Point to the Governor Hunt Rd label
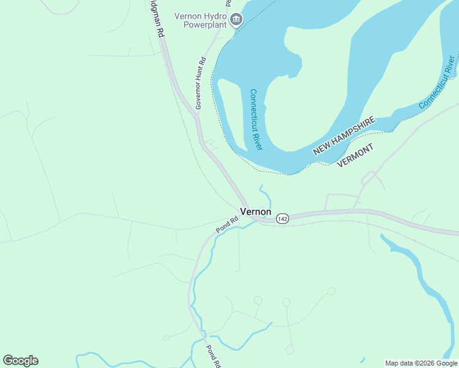[200, 83]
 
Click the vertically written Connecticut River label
[256, 120]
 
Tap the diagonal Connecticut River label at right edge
[438, 82]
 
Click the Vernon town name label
[255, 212]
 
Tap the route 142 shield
[282, 219]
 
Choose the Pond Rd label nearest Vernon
[226, 225]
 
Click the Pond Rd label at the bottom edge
[212, 356]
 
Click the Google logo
[20, 361]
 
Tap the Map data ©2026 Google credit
[421, 363]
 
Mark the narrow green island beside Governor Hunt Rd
[231, 113]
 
